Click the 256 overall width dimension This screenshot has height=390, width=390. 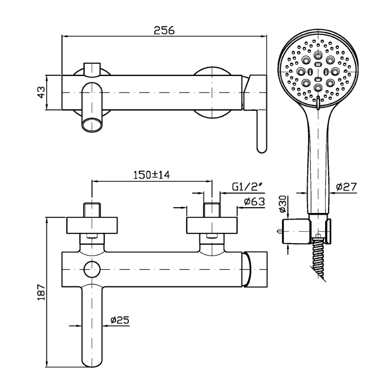[x=164, y=30]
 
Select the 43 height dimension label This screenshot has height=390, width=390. [x=41, y=92]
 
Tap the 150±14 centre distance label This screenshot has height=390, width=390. [x=152, y=175]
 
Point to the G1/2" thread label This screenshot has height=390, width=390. [x=248, y=186]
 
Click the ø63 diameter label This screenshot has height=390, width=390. [x=254, y=201]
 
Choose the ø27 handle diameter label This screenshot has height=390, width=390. [x=346, y=186]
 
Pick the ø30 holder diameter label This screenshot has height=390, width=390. [x=283, y=204]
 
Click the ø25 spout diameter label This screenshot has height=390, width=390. [x=120, y=320]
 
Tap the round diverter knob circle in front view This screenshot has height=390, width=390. [x=92, y=270]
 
